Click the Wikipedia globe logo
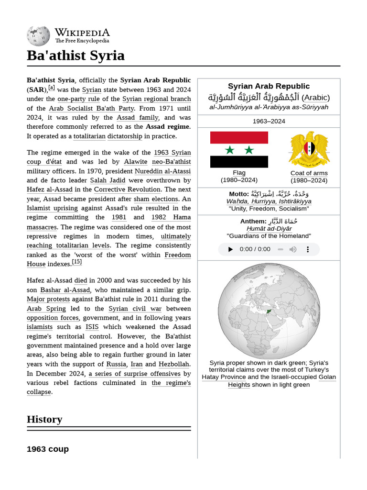(38, 36)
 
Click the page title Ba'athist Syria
(76, 56)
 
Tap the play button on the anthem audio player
(230, 249)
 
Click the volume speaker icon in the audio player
(293, 249)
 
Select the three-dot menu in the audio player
(308, 249)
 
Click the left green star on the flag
(230, 150)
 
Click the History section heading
(44, 419)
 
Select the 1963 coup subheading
(48, 449)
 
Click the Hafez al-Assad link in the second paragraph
(49, 189)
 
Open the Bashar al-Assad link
(65, 290)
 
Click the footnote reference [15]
(76, 262)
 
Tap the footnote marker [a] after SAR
(51, 88)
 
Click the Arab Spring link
(46, 309)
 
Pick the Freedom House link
(177, 255)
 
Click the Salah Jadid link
(108, 180)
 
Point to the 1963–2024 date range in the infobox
(269, 121)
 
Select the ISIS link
(92, 327)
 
